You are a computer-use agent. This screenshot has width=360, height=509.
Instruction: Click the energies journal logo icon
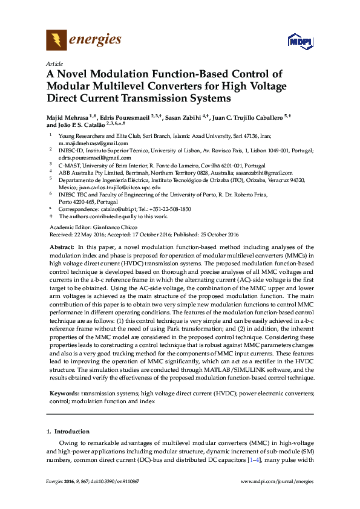click(57, 41)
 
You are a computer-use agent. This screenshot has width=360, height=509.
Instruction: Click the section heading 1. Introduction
click(68, 432)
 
